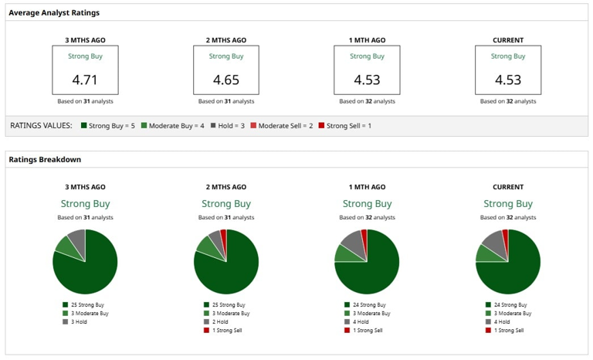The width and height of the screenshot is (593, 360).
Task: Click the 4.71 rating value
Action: point(85,80)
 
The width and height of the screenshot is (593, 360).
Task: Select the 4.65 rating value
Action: point(225,80)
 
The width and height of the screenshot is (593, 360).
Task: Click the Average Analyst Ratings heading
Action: point(54,13)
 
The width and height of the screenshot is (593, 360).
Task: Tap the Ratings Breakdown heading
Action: point(45,160)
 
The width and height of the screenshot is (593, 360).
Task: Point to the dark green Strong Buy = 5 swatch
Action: point(83,125)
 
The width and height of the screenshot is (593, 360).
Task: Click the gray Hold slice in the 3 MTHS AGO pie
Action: point(76,236)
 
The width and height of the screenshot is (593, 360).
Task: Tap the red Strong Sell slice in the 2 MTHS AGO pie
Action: point(224,235)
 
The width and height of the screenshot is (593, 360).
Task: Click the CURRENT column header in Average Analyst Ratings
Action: point(507,40)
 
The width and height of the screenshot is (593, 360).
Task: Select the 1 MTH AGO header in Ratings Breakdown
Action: point(367,187)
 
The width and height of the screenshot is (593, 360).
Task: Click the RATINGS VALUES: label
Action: point(41,125)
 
